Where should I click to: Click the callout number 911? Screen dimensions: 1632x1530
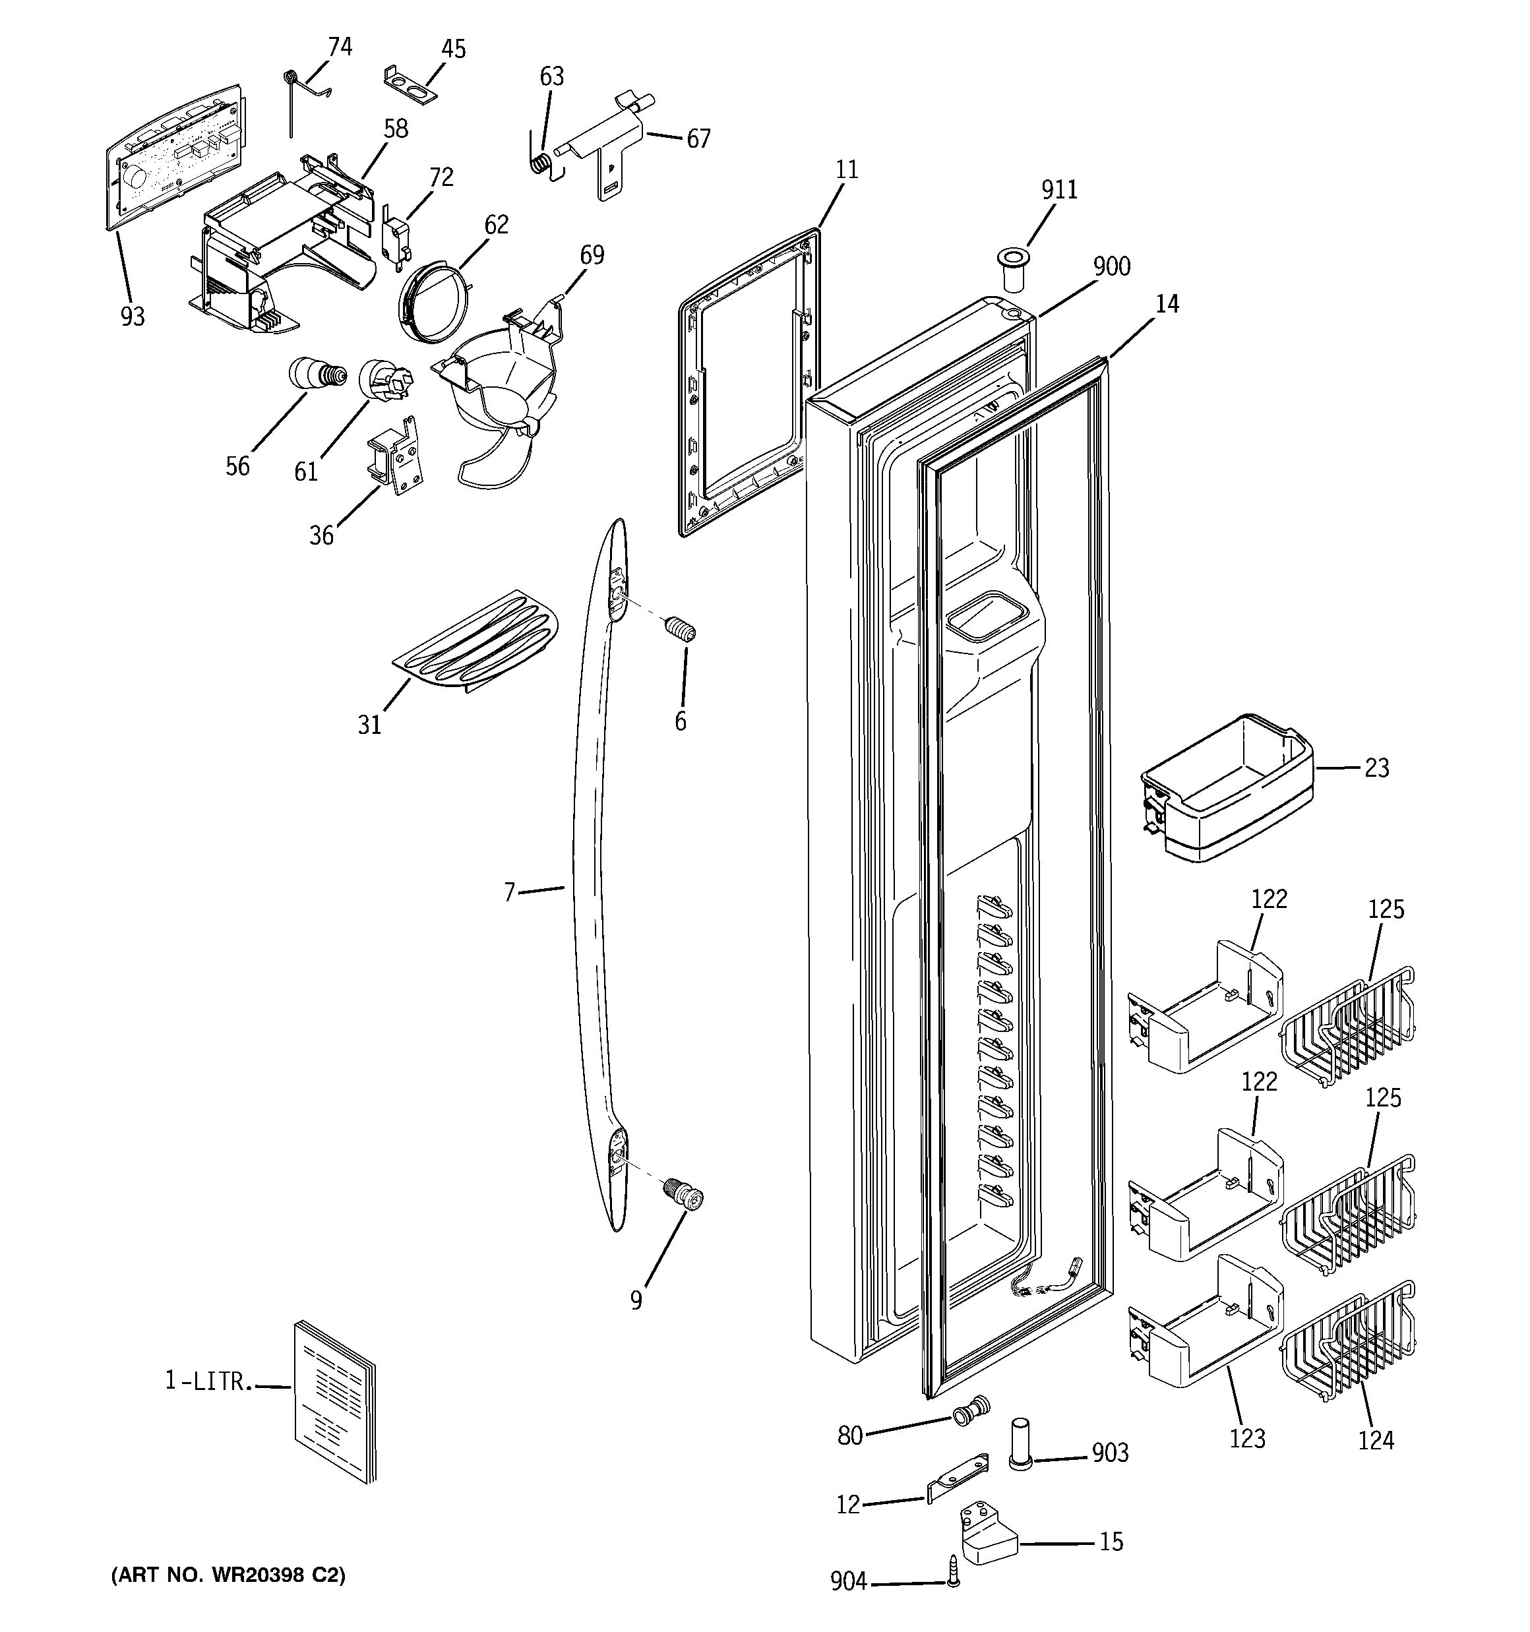coord(1058,190)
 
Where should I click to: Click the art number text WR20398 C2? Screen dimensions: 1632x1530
coord(228,1575)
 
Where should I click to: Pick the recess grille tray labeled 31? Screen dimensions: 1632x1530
coord(476,643)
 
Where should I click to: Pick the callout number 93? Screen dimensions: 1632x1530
coord(132,317)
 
